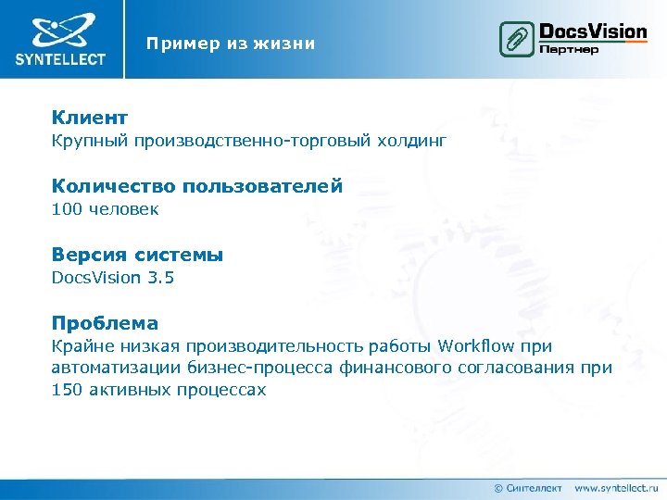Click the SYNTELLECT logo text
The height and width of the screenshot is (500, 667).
tap(60, 59)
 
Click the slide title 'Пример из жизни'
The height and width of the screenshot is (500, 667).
tap(230, 44)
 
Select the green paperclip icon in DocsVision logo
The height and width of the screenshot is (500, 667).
tap(515, 39)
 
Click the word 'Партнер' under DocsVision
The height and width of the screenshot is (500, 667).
tap(568, 49)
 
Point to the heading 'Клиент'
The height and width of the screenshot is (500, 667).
tap(90, 118)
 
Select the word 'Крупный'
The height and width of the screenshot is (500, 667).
tap(89, 141)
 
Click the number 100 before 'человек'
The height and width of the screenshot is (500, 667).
tap(67, 209)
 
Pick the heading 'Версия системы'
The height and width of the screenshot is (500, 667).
tap(137, 255)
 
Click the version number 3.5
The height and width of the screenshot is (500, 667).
tap(158, 278)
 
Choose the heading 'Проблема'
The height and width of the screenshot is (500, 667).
tap(105, 323)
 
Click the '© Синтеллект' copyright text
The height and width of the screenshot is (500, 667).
tap(528, 487)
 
